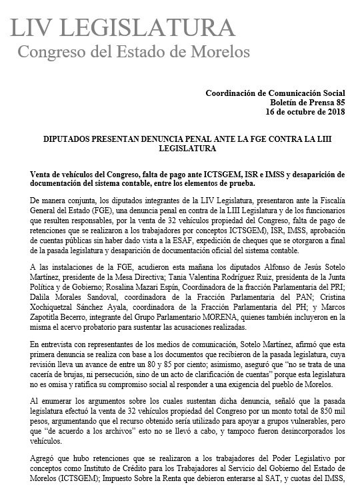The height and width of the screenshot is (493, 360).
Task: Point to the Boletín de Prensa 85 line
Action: [x=305, y=105]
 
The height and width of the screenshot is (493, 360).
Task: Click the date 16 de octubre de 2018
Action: [x=302, y=114]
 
